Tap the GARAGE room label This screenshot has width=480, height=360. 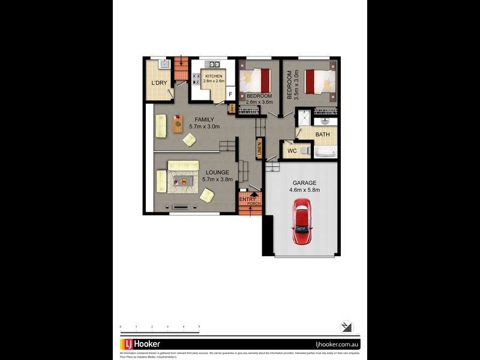(x=305, y=182)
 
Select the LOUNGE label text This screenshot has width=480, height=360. (x=199, y=172)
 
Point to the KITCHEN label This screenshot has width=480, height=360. (x=214, y=77)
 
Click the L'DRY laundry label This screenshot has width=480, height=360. (x=159, y=83)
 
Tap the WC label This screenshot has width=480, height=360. (x=292, y=151)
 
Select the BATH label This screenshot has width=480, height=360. (x=323, y=135)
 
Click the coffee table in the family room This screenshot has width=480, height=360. (x=178, y=123)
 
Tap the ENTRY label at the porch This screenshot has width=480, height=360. (x=247, y=199)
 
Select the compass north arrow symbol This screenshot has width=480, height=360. (x=347, y=327)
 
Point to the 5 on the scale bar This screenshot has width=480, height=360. (x=199, y=326)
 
